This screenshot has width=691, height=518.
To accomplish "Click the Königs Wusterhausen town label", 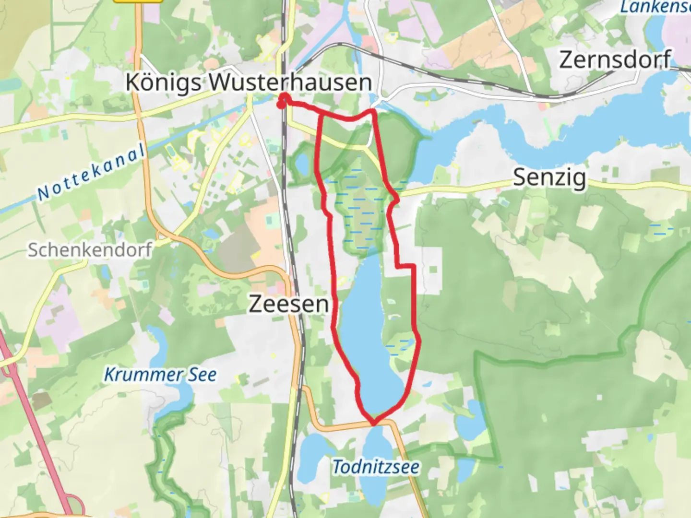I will coord(249,82).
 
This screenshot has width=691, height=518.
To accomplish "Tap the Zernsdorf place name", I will coord(615,60).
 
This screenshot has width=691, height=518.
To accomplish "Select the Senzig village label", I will coord(549,177).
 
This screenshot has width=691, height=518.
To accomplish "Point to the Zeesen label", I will coord(288,304).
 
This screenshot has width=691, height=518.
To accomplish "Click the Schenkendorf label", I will coord(90,249).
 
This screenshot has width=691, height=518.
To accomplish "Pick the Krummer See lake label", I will coord(160,375).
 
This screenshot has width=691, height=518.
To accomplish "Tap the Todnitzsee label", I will coord(376,466).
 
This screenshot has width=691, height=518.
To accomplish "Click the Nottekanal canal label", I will coord(91,173).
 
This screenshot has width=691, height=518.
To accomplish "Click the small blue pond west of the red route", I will coord(302,165).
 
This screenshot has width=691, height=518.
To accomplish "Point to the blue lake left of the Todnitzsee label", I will coord(312,456).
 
